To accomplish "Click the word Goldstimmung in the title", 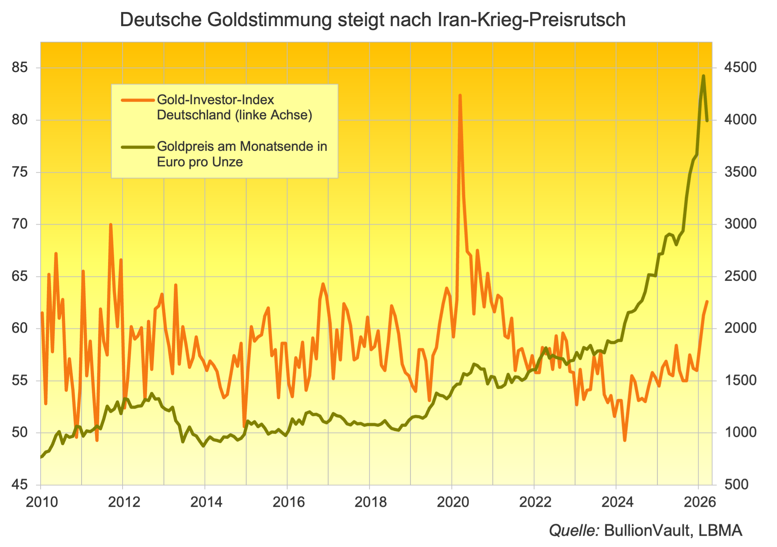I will coord(269,20).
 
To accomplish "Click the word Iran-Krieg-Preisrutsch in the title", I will coord(532,20).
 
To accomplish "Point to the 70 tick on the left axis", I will coord(20,224).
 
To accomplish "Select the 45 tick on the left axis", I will coord(20,484).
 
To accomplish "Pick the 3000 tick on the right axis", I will coord(740,224).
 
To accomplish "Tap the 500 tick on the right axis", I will coord(737,484).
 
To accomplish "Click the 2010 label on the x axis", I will coord(42,502).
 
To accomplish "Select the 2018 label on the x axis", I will coord(370,502).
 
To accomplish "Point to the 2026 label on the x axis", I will coord(700,502).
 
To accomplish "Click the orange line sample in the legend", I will coord(138,100).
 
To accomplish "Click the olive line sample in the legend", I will coord(138,147).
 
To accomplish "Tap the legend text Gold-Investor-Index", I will coord(215,100).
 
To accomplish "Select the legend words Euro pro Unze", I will coord(200,162).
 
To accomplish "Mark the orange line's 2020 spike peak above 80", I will coord(460,95).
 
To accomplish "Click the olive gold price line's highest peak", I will coord(704,76).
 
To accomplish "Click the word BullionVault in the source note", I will coord(647,531).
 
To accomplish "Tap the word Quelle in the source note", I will coord(574,531).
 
